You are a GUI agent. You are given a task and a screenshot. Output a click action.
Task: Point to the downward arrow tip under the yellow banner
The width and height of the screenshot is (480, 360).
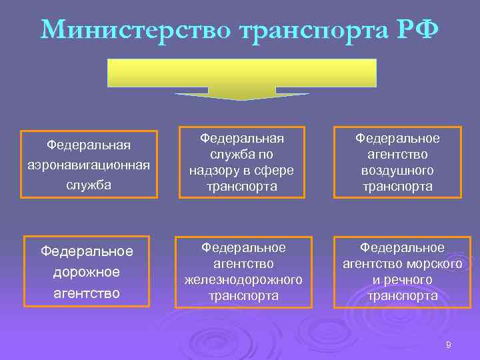(242, 98)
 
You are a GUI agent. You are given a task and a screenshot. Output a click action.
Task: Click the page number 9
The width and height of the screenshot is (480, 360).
(448, 345)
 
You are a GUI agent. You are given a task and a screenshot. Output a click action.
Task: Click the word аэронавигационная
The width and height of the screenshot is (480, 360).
(89, 164)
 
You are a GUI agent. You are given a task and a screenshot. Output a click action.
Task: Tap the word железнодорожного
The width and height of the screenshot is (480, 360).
(243, 278)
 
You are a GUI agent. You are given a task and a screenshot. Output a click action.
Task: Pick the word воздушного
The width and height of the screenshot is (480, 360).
(397, 170)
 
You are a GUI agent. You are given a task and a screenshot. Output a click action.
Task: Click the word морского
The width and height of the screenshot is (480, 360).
(439, 263)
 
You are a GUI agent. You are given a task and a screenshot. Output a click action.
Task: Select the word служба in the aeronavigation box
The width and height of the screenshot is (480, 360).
(89, 185)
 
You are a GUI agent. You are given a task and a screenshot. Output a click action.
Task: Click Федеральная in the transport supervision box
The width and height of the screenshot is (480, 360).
(243, 138)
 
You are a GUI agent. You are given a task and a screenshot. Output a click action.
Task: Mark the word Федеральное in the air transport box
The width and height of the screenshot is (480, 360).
(397, 138)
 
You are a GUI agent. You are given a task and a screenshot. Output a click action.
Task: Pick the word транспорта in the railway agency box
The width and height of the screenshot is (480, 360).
(243, 295)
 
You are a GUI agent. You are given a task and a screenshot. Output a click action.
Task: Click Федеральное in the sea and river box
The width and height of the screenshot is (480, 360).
(402, 247)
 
